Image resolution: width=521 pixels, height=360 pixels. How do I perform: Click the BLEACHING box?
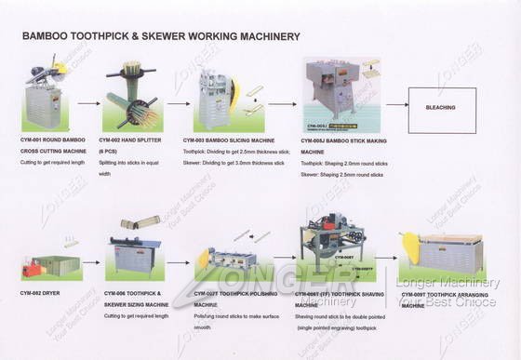442,110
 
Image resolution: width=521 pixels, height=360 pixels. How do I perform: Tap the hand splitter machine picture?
132,98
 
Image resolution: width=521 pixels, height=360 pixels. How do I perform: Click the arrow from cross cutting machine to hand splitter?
88,104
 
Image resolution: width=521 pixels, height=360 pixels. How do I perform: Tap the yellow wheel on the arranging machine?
409,247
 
